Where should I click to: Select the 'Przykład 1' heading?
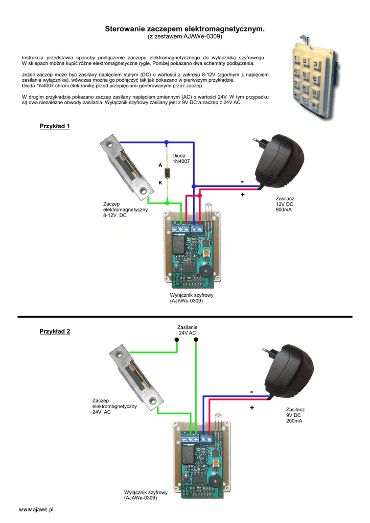[55, 126]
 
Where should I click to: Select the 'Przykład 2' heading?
[55, 331]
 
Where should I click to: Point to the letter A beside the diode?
[160, 165]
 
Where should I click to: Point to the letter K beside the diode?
[160, 182]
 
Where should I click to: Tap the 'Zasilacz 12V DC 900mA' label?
[285, 204]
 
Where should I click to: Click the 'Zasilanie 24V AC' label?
[187, 330]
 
